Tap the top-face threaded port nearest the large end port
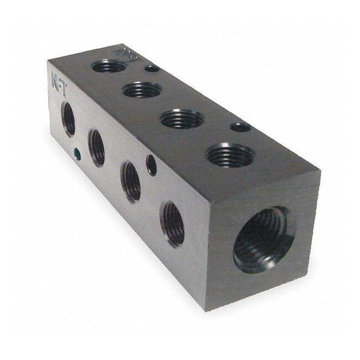pyautogui.click(x=229, y=155)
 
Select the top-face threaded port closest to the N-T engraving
pyautogui.click(x=109, y=66)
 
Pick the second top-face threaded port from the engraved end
pyautogui.click(x=142, y=90)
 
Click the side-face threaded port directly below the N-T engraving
pyautogui.click(x=68, y=118)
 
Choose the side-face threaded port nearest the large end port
pyautogui.click(x=173, y=224)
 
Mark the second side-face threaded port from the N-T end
pyautogui.click(x=96, y=147)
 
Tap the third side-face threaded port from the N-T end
pyautogui.click(x=131, y=181)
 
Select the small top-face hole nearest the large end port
pyautogui.click(x=240, y=128)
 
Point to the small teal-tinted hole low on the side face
pyautogui.click(x=77, y=154)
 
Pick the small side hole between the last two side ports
pyautogui.click(x=151, y=165)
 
